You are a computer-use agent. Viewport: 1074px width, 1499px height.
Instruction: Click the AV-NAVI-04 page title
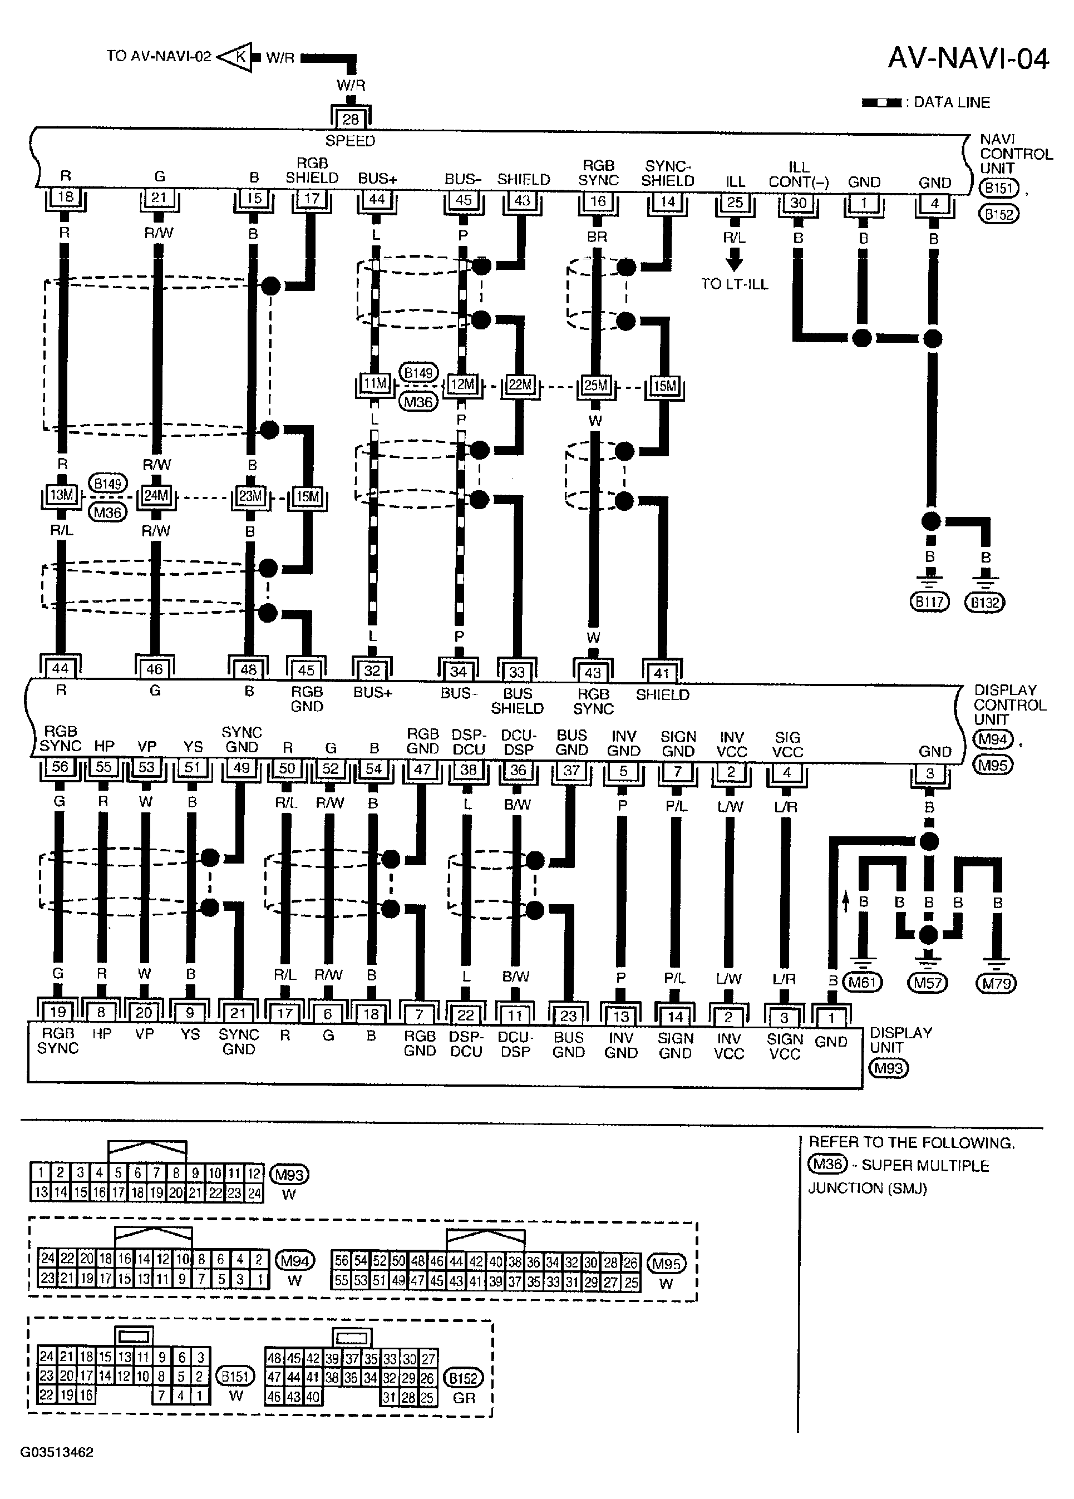(968, 59)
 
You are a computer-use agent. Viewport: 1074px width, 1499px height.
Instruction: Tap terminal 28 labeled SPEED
(350, 120)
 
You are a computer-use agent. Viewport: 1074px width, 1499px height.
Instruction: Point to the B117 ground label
(929, 601)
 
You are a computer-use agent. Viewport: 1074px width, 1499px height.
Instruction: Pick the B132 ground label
(985, 602)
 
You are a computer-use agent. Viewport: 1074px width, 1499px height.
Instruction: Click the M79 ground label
(996, 983)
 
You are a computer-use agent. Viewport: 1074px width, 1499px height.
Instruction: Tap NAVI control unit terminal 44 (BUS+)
(377, 200)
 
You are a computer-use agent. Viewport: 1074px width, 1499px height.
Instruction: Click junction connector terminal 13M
(61, 495)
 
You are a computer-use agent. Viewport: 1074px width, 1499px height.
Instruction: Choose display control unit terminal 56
(60, 767)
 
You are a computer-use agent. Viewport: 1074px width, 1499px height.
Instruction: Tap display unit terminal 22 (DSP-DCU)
(465, 1014)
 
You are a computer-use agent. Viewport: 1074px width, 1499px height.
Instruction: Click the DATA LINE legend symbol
(880, 103)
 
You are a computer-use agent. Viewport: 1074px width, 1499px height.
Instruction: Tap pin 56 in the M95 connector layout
(341, 1261)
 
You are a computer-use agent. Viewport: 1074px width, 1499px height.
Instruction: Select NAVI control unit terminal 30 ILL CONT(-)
(799, 203)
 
